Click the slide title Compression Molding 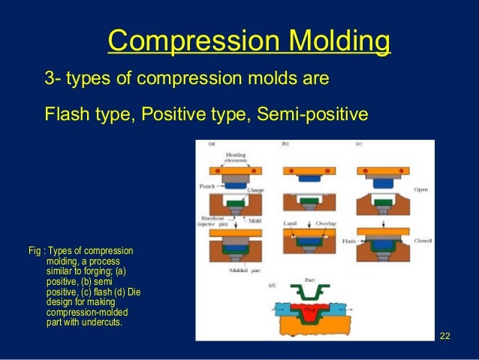tap(249, 42)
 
